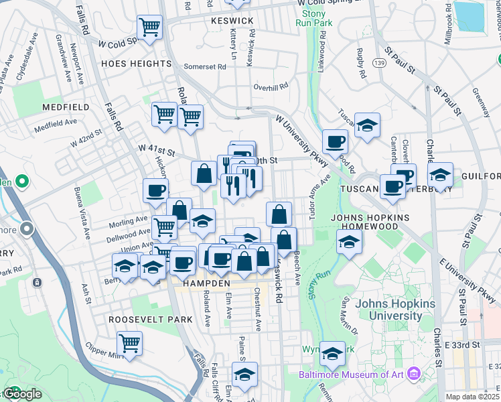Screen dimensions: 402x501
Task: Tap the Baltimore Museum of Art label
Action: click(353, 374)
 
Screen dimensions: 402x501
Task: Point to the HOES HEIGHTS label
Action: click(137, 64)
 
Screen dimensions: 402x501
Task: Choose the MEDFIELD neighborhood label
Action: click(66, 107)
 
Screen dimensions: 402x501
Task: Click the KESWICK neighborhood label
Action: click(232, 21)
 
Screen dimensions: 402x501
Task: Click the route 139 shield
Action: click(379, 62)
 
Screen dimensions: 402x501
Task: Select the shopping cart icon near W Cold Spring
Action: click(150, 27)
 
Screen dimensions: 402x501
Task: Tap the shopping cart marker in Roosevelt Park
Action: click(130, 343)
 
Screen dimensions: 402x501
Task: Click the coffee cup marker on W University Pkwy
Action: click(335, 141)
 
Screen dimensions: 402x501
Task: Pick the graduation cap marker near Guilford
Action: click(440, 175)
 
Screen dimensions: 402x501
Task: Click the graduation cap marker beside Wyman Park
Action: click(332, 354)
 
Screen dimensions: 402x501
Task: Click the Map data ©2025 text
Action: click(473, 397)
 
